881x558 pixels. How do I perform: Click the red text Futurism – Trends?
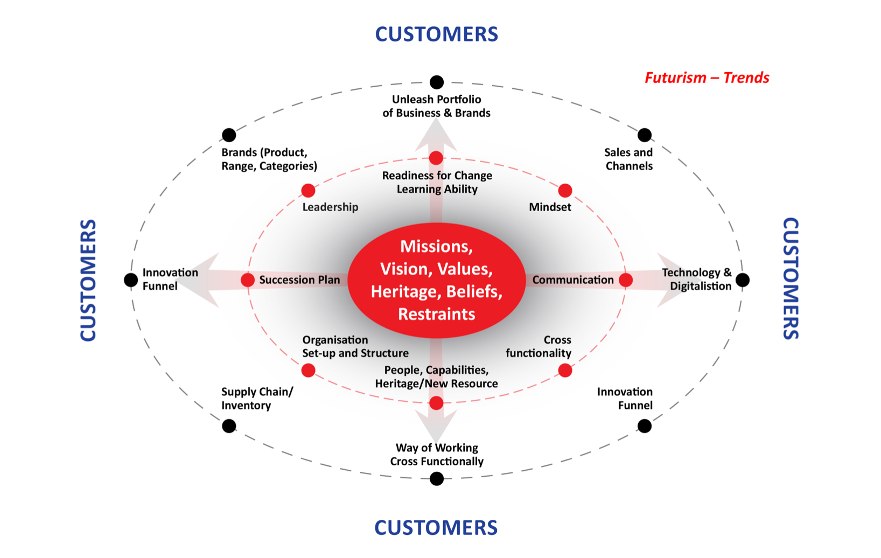coord(707,78)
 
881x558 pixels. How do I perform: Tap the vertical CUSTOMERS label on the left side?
coord(88,280)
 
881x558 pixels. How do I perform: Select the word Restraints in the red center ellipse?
coord(436,314)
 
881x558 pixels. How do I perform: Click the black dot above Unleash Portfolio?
coord(437,82)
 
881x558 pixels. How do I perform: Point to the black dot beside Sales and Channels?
coord(644,135)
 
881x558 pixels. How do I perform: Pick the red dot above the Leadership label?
coord(308,190)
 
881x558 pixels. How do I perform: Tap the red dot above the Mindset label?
coord(565,190)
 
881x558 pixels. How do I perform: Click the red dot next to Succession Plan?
coord(248,280)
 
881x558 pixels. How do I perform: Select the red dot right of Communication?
coord(626,280)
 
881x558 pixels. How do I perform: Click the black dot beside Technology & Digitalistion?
coord(743,280)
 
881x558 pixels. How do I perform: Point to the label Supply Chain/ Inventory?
coord(257,399)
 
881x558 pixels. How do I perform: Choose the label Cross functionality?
coord(539,346)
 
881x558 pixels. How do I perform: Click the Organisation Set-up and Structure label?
coord(355,346)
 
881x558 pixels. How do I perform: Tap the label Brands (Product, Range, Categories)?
coord(269,159)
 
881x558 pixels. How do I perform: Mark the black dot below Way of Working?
coord(437,478)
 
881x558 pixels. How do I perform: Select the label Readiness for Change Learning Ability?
coord(437,182)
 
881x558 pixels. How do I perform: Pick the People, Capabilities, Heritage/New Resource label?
coord(436,376)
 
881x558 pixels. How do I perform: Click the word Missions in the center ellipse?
coord(436,246)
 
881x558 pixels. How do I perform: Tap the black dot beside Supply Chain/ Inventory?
coord(229,426)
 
